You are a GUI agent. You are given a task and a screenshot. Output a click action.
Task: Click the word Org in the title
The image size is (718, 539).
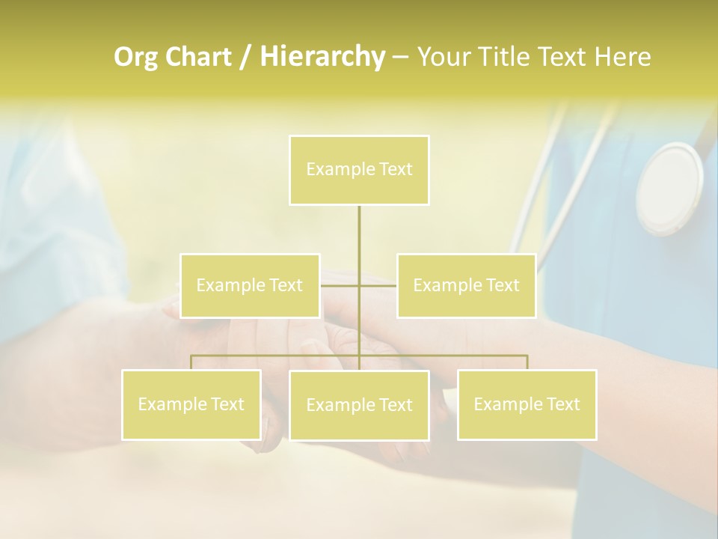[x=137, y=57]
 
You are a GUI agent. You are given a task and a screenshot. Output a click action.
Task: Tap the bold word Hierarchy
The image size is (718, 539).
[x=322, y=57]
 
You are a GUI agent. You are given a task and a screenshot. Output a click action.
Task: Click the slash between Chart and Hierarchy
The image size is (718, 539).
[x=245, y=57]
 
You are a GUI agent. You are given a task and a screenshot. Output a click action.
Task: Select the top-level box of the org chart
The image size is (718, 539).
[x=359, y=170]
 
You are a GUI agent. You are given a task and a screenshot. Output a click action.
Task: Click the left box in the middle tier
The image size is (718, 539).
[x=250, y=285]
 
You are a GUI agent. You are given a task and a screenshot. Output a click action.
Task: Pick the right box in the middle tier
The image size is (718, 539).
[x=466, y=285]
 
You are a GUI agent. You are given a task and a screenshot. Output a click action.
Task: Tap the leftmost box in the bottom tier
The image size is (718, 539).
[x=191, y=404]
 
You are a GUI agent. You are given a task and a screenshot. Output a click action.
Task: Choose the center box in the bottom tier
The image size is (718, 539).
[x=359, y=405]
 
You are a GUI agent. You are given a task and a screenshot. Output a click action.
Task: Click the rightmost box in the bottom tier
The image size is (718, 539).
[x=527, y=404]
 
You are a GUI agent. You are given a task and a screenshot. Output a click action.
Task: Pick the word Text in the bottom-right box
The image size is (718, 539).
[x=563, y=404]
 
